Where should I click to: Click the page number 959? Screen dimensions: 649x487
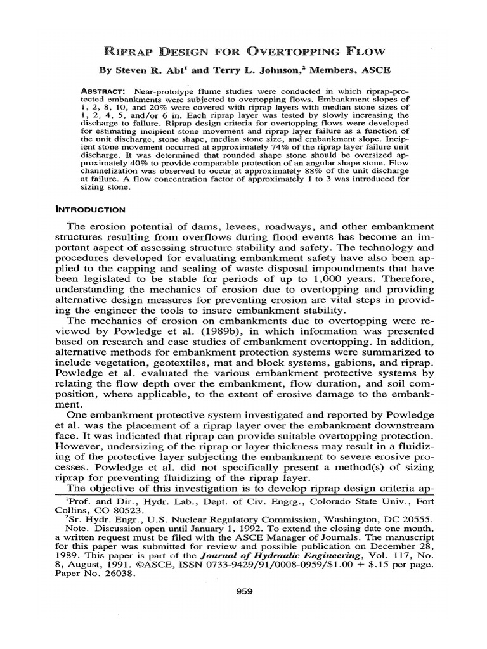pyautogui.click(x=243, y=592)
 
